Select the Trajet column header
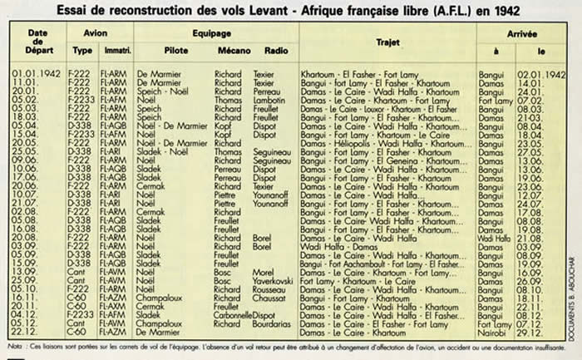[387, 40]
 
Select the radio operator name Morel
[264, 274]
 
